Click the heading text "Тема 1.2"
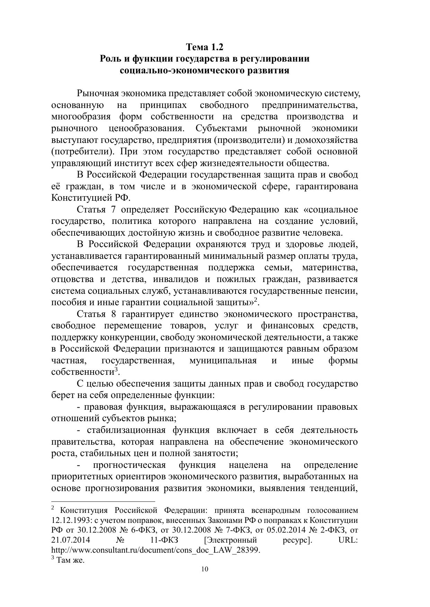tap(204, 47)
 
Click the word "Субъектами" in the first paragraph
tap(221, 128)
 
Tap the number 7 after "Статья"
tap(114, 210)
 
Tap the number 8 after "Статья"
tap(114, 314)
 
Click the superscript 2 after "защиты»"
tap(255, 300)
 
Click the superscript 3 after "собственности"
tap(117, 369)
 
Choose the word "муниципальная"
tap(223, 361)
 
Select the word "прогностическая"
tap(129, 465)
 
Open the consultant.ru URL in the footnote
tap(156, 550)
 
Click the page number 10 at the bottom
tap(204, 570)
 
